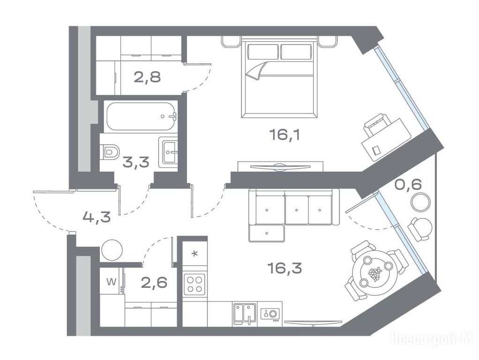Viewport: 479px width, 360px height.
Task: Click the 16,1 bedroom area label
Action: (x=284, y=135)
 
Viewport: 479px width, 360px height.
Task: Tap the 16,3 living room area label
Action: (x=284, y=268)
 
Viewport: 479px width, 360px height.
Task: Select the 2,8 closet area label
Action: (x=147, y=77)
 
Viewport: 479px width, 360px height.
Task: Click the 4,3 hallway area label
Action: (x=97, y=217)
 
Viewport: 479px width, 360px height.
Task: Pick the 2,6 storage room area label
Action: (x=154, y=282)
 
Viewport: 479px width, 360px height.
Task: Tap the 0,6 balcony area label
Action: (x=408, y=184)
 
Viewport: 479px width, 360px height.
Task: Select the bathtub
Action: (x=141, y=116)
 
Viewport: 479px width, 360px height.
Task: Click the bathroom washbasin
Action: (x=168, y=151)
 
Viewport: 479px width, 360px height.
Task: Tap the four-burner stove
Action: (x=195, y=284)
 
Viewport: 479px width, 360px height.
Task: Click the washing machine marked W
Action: (x=112, y=281)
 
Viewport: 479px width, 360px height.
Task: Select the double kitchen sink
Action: (x=244, y=314)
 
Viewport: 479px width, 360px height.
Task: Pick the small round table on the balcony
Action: (x=420, y=202)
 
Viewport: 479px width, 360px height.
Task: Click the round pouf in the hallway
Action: (x=112, y=250)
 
